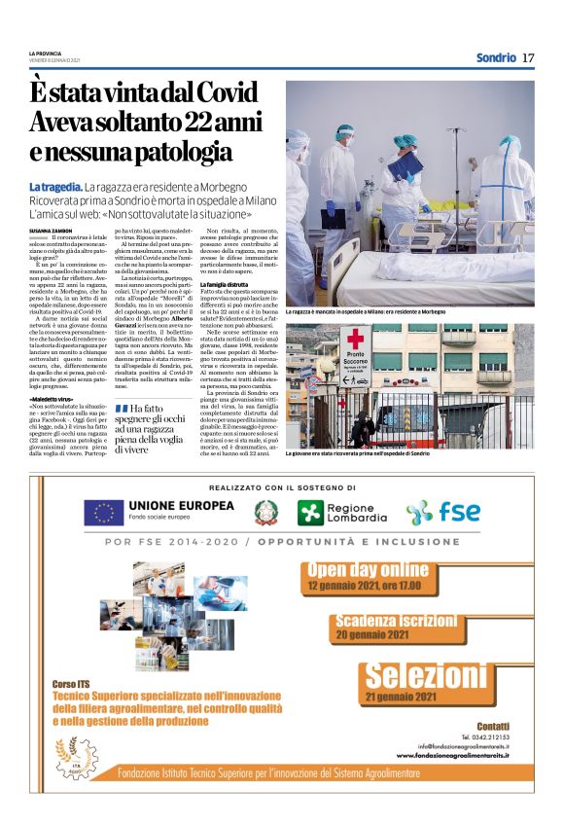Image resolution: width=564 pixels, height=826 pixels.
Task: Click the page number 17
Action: tap(528, 57)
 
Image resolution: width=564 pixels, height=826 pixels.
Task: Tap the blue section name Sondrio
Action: tap(496, 57)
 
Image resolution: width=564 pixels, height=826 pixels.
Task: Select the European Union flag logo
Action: tap(103, 513)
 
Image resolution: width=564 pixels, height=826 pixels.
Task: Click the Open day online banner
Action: tap(367, 576)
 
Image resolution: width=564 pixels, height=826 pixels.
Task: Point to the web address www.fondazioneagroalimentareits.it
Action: tap(453, 755)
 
